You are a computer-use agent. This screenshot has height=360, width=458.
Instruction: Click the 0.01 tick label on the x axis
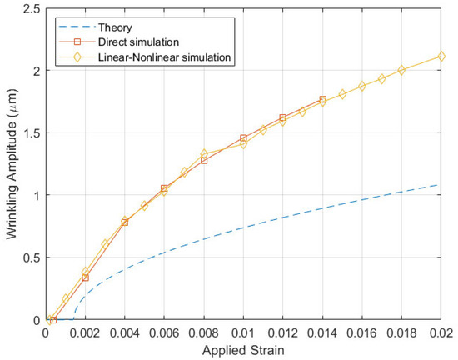[x=243, y=332]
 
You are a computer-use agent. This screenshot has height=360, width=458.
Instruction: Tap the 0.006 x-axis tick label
[x=164, y=332]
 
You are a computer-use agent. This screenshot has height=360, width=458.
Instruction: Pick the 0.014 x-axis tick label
[x=322, y=332]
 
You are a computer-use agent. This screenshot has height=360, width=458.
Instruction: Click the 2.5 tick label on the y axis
[x=32, y=8]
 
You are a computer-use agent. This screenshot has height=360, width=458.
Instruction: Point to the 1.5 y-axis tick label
[x=32, y=132]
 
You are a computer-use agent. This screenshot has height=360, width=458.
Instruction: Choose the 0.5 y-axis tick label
[x=32, y=257]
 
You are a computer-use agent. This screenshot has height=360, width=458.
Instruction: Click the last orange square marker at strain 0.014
[x=322, y=99]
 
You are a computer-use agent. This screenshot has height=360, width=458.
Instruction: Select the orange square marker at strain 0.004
[x=125, y=222]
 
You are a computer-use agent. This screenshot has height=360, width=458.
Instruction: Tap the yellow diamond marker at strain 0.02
[x=441, y=57]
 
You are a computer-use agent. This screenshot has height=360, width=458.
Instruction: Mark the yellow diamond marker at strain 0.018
[x=401, y=70]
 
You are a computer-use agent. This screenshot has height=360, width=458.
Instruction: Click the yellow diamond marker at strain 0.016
[x=361, y=86]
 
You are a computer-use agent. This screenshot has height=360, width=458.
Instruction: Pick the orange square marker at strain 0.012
[x=283, y=117]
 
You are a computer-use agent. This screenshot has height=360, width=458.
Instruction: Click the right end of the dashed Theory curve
[x=441, y=184]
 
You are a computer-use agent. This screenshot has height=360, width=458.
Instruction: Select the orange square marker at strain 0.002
[x=85, y=277]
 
